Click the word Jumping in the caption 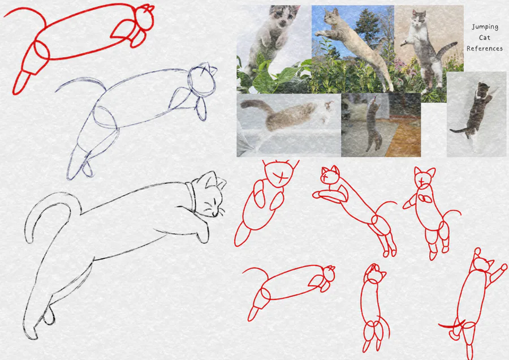[x=485, y=27]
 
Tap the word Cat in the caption [x=484, y=37]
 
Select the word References [x=485, y=49]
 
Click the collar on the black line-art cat [x=191, y=196]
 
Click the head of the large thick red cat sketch [x=144, y=18]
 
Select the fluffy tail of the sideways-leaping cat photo [x=256, y=107]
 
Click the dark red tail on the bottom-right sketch [x=452, y=325]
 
